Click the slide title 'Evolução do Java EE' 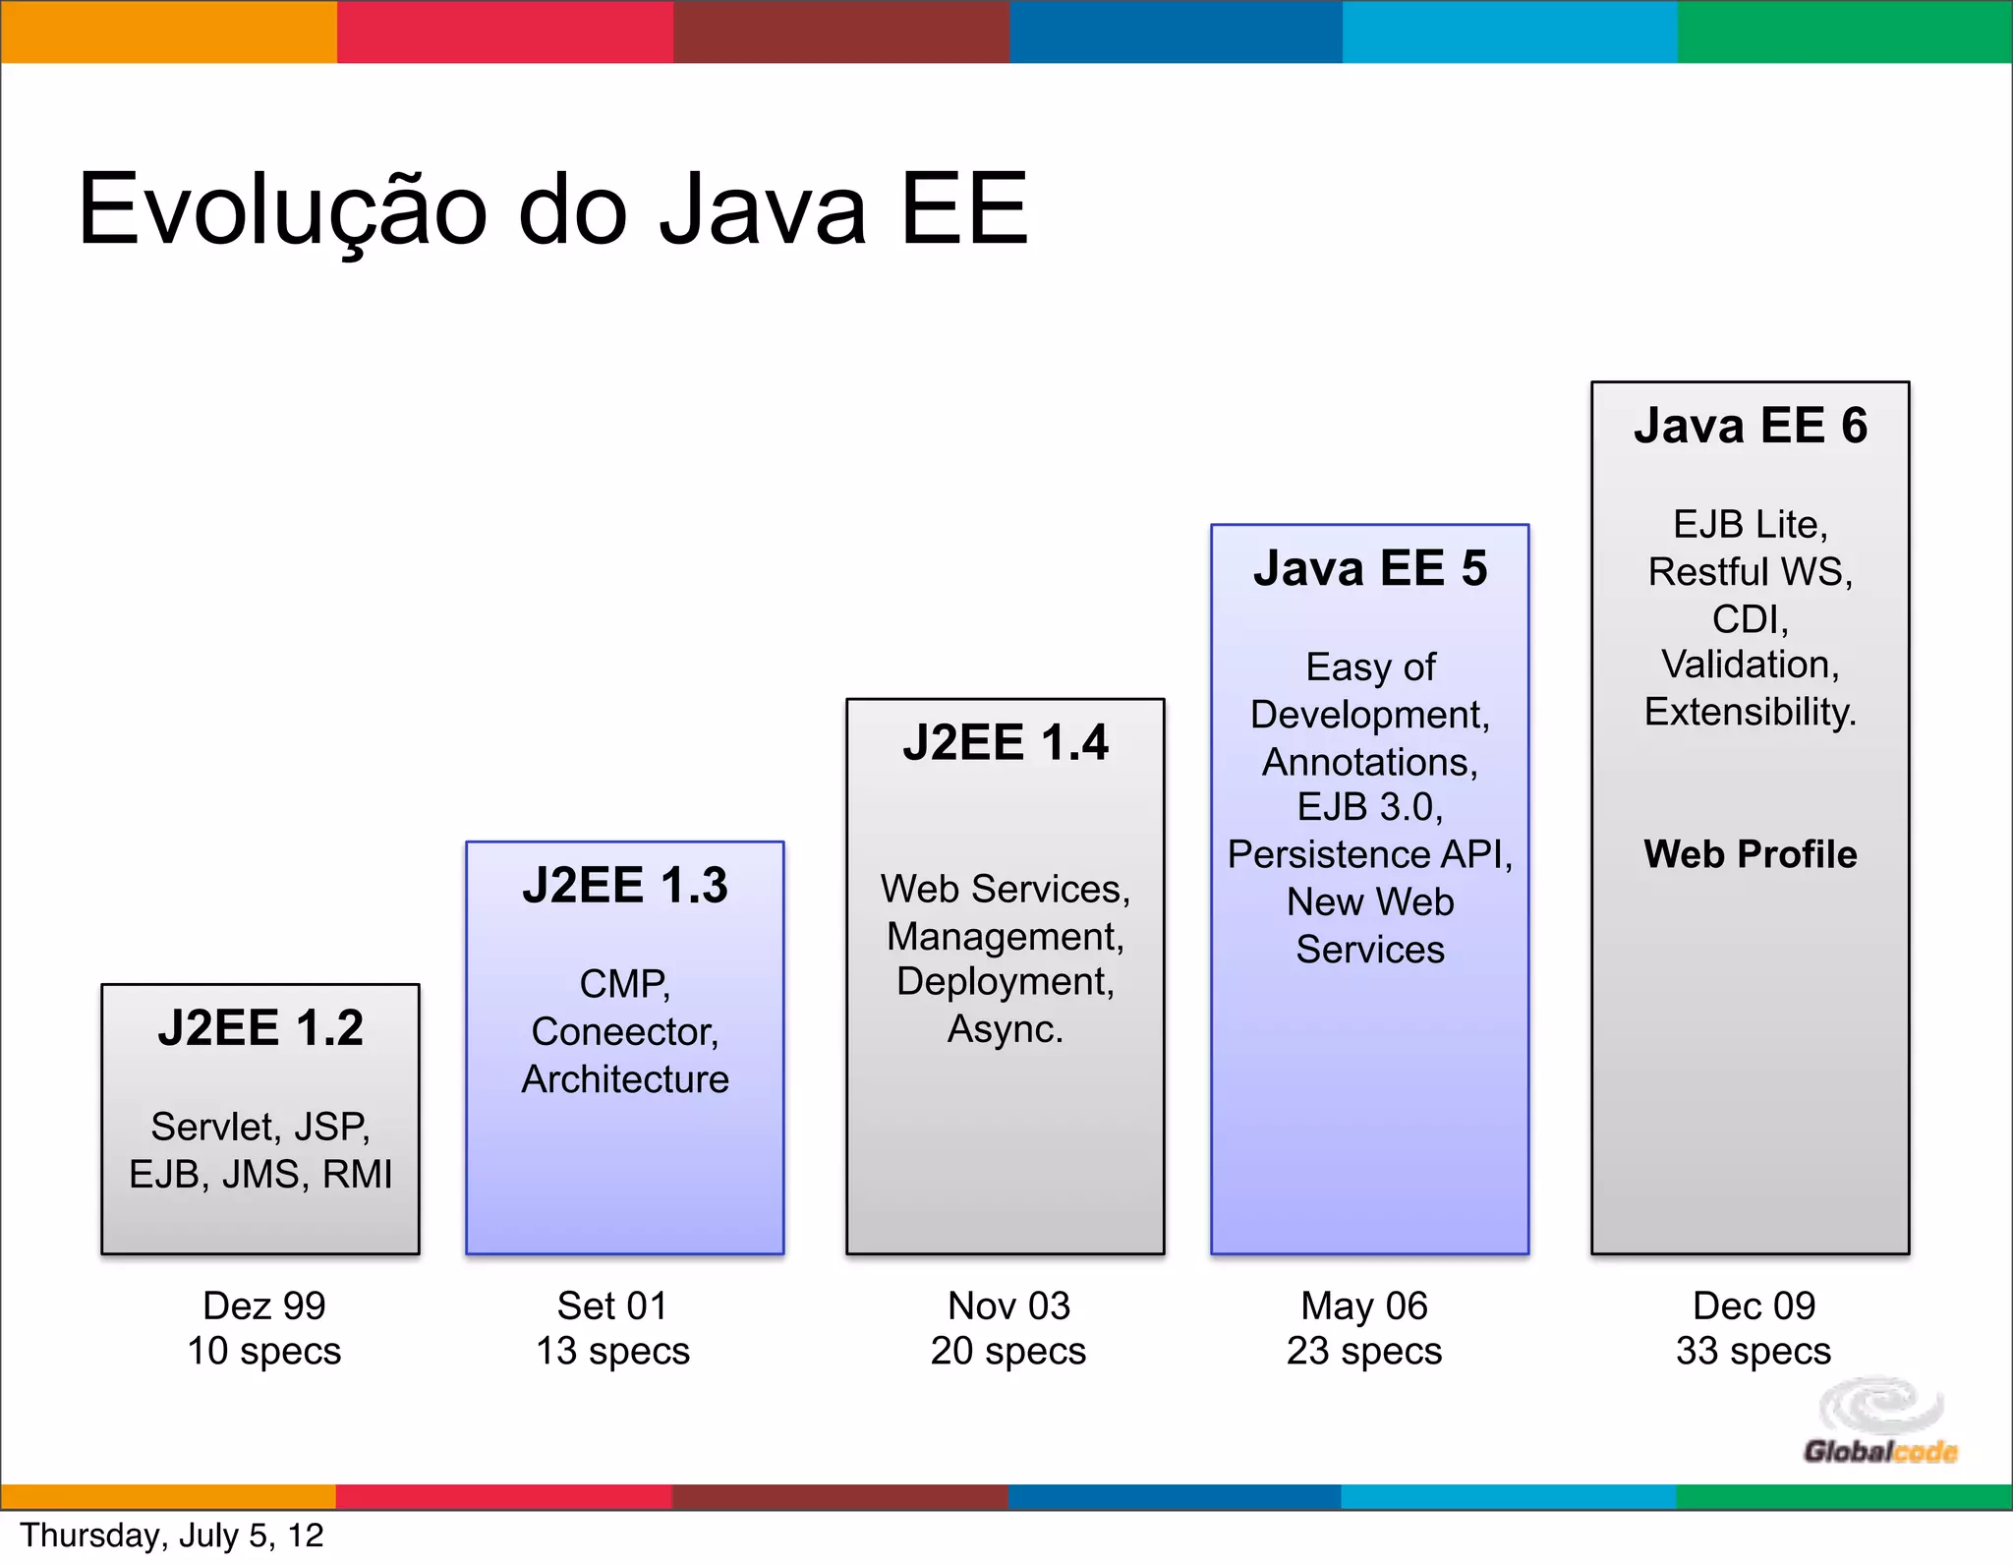coord(552,209)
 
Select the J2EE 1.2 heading coord(260,1028)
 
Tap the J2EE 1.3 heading coord(625,885)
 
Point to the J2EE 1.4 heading coord(1006,742)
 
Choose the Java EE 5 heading coord(1370,569)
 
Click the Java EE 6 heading coord(1751,426)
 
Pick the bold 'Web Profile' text coord(1751,854)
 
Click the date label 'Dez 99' coord(264,1305)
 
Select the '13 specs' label coord(612,1351)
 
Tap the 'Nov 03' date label coord(1008,1305)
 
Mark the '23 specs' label coord(1364,1351)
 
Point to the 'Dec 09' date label coord(1754,1305)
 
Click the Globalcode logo coord(1880,1421)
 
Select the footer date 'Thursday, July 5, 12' coord(172,1536)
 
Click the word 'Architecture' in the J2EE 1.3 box coord(625,1079)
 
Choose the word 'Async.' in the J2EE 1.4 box coord(1006,1029)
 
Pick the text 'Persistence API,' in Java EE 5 coord(1370,854)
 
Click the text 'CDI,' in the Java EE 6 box coord(1751,619)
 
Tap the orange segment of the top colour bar coord(168,31)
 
